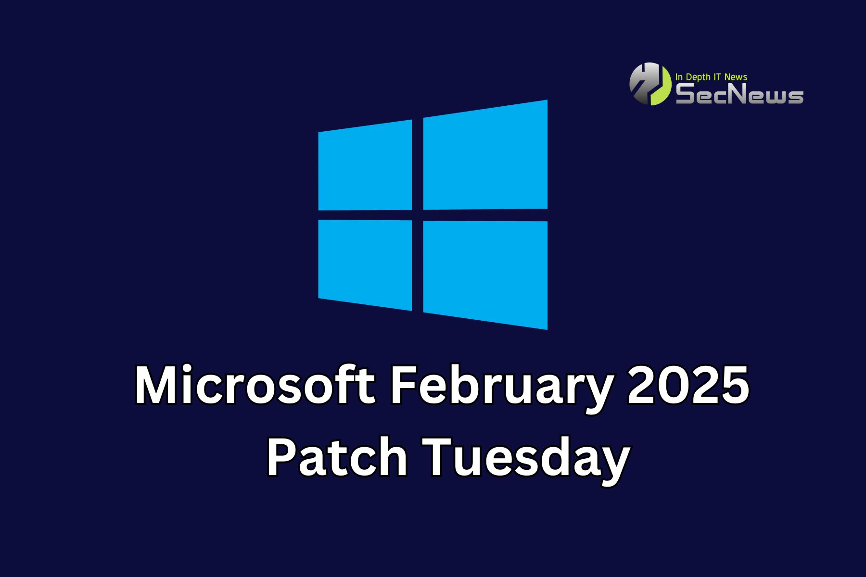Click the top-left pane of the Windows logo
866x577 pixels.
pos(365,165)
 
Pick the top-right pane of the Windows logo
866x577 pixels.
pos(485,155)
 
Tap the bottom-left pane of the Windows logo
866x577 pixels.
pos(365,265)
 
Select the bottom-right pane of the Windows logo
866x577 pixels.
pos(485,275)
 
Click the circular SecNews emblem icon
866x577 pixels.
pos(650,84)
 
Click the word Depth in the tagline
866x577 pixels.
pos(698,77)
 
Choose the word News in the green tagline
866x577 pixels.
pos(737,76)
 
